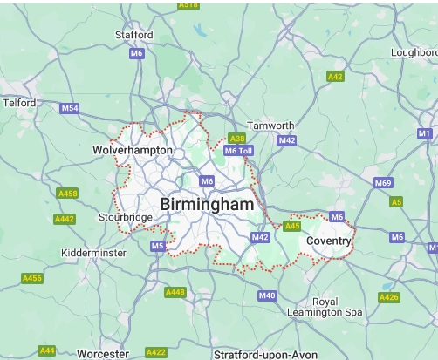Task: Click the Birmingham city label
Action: pos(208,204)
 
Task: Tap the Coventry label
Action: pos(329,240)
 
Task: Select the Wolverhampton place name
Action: pos(133,151)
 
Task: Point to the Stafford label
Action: pos(134,35)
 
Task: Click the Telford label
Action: pos(18,102)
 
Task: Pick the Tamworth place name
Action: pos(270,126)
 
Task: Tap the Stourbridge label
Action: pos(125,217)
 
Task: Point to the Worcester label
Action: pos(103,354)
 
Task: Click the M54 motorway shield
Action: pos(71,108)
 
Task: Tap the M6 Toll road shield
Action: pos(238,151)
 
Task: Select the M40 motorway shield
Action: pos(267,296)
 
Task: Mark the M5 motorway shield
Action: pos(157,247)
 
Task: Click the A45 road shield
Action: pos(292,227)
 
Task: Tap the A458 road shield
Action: pos(66,193)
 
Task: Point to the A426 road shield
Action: pos(389,297)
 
